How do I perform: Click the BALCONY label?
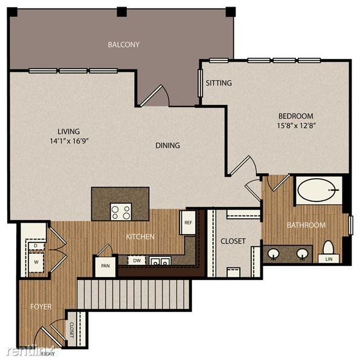[124, 44]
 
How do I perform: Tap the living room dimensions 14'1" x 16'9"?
[68, 141]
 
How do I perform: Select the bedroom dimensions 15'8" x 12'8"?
[295, 125]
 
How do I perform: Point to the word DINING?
[167, 145]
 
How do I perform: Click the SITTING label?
[219, 83]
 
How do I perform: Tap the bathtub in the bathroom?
[318, 190]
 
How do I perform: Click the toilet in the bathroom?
[329, 247]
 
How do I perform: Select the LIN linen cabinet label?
[329, 259]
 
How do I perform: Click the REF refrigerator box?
[187, 222]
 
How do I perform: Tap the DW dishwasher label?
[138, 261]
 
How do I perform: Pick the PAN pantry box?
[104, 265]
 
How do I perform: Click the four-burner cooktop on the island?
[121, 211]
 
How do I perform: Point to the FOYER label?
[40, 306]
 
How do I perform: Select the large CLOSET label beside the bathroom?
[233, 241]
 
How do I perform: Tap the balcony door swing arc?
[156, 95]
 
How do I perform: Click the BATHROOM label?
[306, 225]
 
